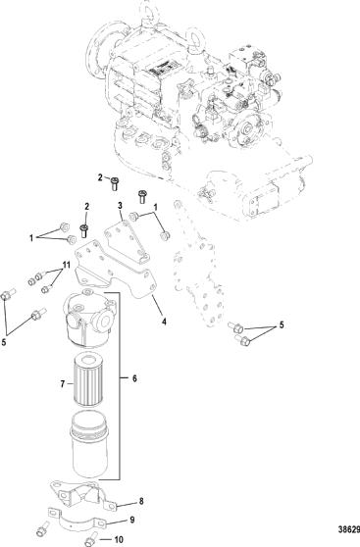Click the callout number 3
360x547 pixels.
click(x=120, y=205)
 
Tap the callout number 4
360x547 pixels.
click(x=164, y=321)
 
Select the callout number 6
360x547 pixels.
click(x=134, y=378)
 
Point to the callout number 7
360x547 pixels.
click(x=63, y=383)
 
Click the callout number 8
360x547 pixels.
click(x=141, y=501)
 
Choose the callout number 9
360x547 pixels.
click(x=132, y=520)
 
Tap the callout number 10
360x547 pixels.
click(x=119, y=539)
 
